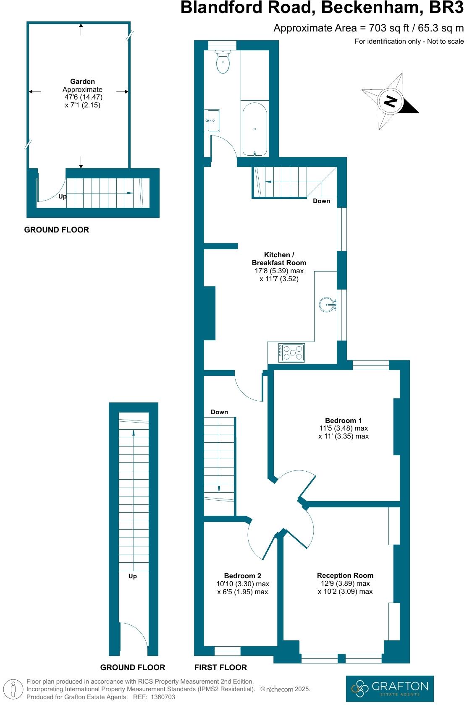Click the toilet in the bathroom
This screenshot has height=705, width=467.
(223, 62)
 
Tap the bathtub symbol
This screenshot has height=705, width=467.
(254, 129)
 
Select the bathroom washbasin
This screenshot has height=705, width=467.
(213, 120)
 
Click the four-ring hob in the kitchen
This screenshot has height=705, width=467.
(292, 352)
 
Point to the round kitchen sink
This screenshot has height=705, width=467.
(327, 305)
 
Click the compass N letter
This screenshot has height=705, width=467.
(391, 102)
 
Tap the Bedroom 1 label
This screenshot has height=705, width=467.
(343, 420)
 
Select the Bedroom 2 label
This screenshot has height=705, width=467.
(242, 576)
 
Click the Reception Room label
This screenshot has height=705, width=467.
(345, 575)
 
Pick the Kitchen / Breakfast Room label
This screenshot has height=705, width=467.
(279, 258)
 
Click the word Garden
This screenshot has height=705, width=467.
(82, 81)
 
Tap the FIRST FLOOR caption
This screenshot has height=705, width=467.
(220, 667)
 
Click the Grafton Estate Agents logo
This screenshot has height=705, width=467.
(389, 688)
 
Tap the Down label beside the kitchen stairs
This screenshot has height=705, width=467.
(321, 201)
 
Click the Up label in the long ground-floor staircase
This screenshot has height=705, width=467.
(132, 576)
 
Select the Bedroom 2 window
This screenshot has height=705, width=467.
(227, 651)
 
